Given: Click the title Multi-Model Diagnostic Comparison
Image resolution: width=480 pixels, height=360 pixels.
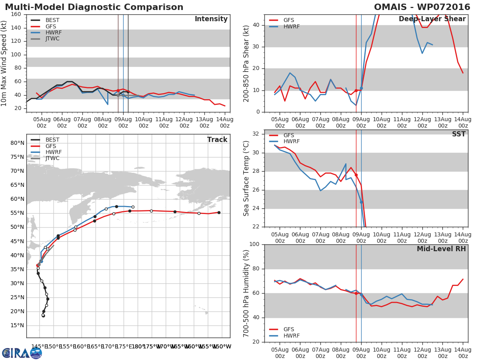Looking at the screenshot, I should click(94, 7).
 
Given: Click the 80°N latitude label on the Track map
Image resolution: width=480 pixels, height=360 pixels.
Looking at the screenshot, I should click(17, 143).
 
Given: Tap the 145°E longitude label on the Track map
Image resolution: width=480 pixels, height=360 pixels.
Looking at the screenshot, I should click(39, 346).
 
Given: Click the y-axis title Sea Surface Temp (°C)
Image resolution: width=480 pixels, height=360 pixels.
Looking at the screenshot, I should click(246, 178).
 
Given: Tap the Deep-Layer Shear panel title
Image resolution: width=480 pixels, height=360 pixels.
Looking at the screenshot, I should click(432, 19).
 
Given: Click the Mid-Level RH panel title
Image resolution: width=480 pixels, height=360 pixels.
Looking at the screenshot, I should click(441, 249).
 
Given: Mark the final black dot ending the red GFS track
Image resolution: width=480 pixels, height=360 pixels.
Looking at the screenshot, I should click(219, 212).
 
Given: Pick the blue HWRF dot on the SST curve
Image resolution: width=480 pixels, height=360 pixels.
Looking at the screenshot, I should click(361, 202).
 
